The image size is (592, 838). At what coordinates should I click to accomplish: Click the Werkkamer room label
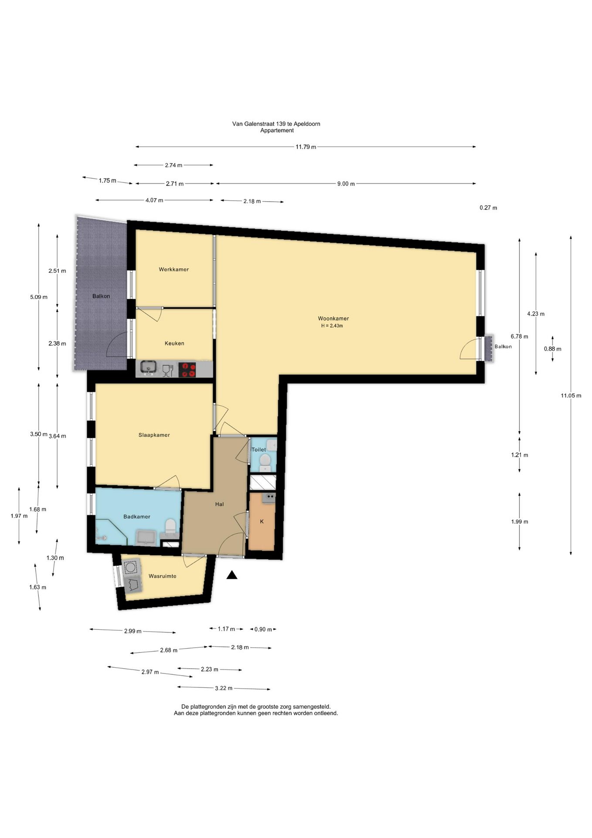coord(174,269)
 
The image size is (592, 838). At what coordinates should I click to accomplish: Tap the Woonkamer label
coord(333,319)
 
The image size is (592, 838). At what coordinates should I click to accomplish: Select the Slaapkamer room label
coord(154,435)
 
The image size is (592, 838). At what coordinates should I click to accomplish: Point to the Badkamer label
coord(137,517)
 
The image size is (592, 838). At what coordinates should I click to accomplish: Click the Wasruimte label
coord(163,576)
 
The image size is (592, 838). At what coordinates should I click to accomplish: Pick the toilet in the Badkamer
coord(170,527)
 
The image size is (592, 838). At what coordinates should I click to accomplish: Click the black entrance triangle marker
coord(232,575)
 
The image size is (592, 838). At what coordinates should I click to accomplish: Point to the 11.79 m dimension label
coord(306,147)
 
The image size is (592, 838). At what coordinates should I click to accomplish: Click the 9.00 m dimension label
coord(346,184)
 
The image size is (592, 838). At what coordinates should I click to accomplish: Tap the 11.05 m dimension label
coord(571,396)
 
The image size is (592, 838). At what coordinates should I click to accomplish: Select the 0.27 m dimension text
coord(488,208)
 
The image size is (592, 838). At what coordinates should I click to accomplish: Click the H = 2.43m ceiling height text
coord(332,326)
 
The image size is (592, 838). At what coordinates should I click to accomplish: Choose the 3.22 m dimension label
coord(224,688)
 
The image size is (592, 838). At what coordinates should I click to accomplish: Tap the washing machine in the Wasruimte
coord(130,567)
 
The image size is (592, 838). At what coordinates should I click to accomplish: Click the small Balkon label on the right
coord(503,347)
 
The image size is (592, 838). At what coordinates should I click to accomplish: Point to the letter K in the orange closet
coord(262,522)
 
